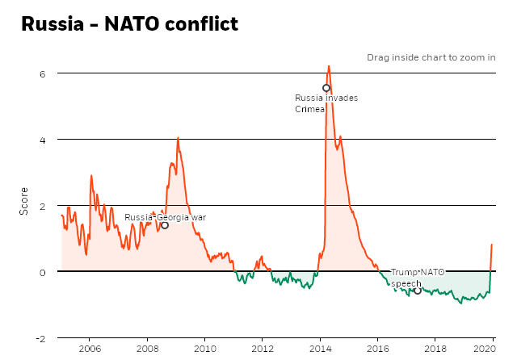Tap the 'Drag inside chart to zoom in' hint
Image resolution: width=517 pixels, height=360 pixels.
pyautogui.click(x=431, y=57)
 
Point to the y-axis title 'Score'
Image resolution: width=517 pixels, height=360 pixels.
pyautogui.click(x=23, y=205)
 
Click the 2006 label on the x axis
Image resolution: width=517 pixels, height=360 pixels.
pyautogui.click(x=89, y=350)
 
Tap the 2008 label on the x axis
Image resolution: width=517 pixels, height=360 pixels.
pyautogui.click(x=147, y=350)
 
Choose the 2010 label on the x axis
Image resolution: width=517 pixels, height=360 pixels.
pyautogui.click(x=204, y=350)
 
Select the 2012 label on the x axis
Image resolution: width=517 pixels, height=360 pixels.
pyautogui.click(x=263, y=350)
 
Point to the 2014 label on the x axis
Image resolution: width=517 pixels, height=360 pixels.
pyautogui.click(x=320, y=350)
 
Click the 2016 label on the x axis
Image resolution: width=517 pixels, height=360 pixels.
pyautogui.click(x=378, y=350)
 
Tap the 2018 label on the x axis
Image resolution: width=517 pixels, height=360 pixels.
pyautogui.click(x=435, y=350)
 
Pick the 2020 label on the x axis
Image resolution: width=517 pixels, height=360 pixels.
pyautogui.click(x=484, y=350)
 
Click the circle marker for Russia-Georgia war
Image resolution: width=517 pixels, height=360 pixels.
pyautogui.click(x=165, y=225)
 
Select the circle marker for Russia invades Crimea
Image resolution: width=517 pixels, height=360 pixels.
pyautogui.click(x=326, y=88)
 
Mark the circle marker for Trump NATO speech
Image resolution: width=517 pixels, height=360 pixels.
pyautogui.click(x=418, y=290)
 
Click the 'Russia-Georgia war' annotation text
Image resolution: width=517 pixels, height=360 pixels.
pyautogui.click(x=165, y=217)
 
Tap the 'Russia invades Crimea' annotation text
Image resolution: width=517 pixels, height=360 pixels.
pyautogui.click(x=326, y=103)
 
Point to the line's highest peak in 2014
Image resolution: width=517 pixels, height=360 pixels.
pyautogui.click(x=329, y=66)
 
